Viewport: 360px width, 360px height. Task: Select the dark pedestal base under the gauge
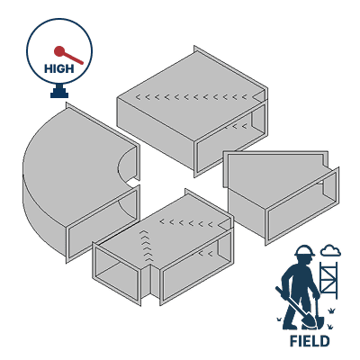click(60, 92)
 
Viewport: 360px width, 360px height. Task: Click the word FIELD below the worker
click(309, 341)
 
